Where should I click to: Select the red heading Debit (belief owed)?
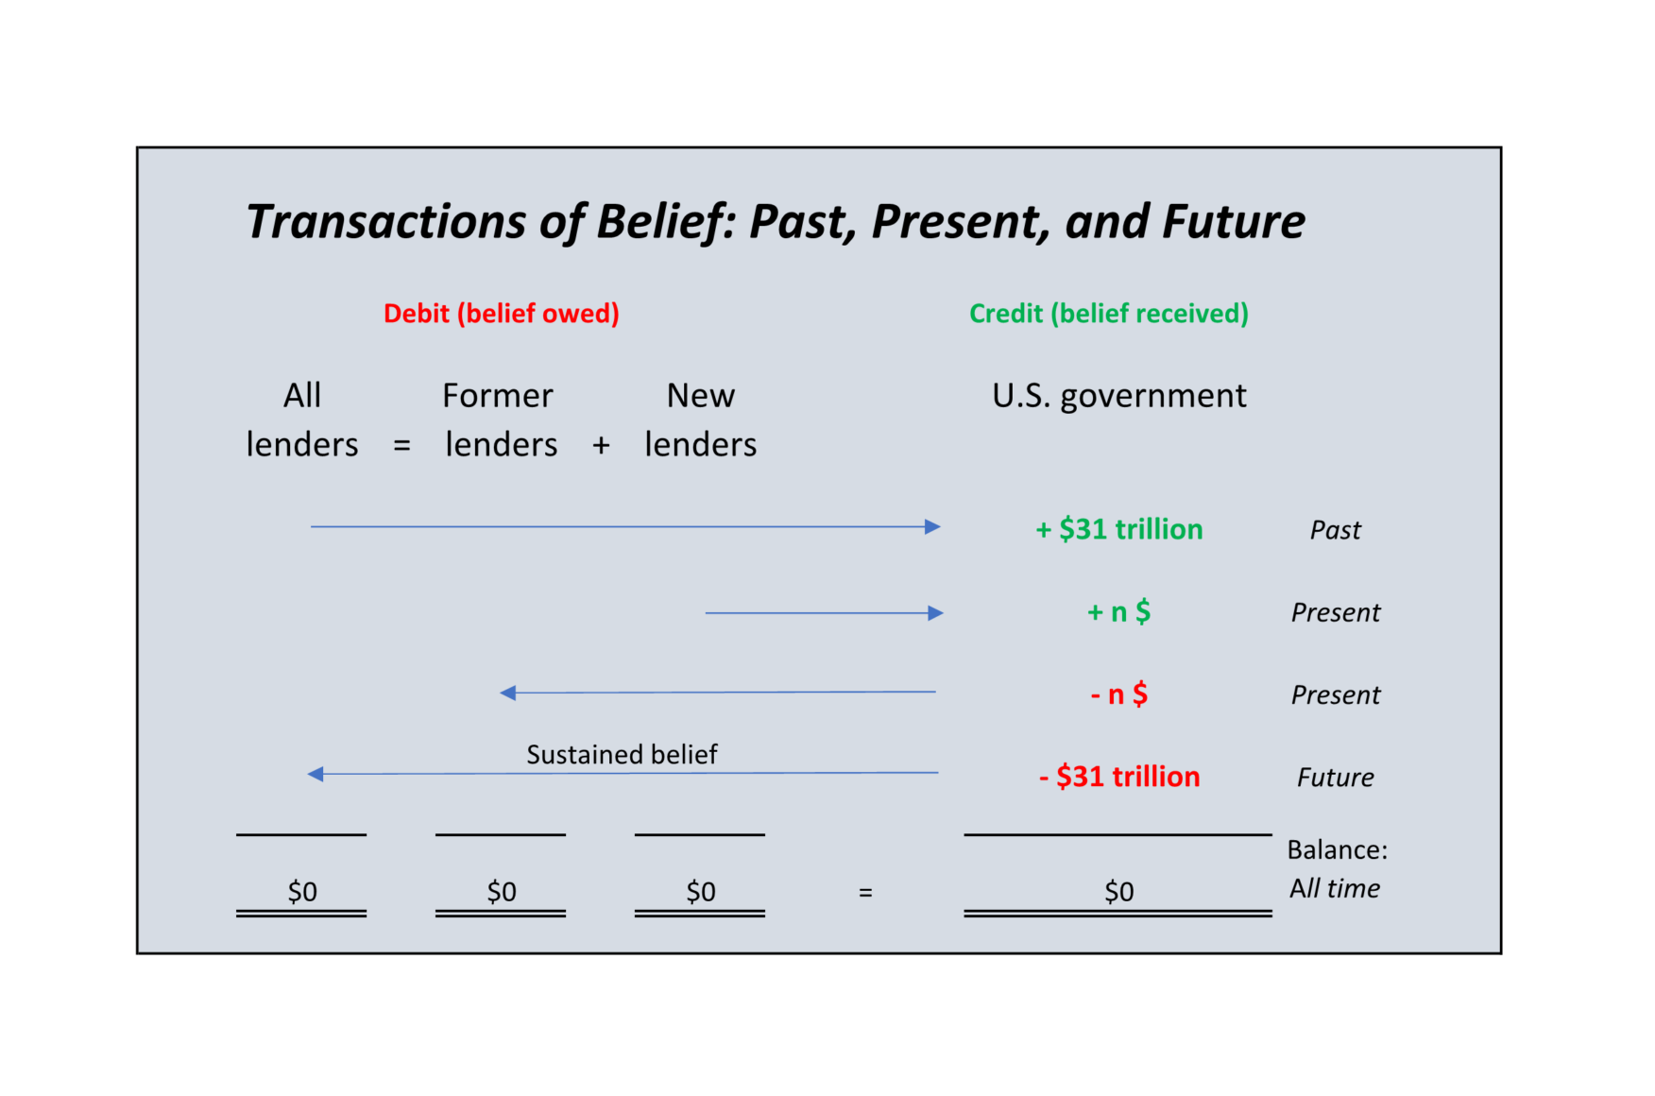click(x=501, y=314)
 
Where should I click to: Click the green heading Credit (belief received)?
click(x=1108, y=314)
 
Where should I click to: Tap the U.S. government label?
click(x=1118, y=396)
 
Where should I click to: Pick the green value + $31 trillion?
click(x=1118, y=529)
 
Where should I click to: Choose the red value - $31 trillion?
click(x=1118, y=777)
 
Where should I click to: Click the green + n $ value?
click(x=1118, y=612)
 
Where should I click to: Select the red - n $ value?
click(x=1118, y=694)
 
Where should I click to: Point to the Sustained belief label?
click(x=622, y=755)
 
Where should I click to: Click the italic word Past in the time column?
click(x=1335, y=530)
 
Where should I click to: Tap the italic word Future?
click(x=1335, y=778)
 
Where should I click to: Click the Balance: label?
click(x=1337, y=850)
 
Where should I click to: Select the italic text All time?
click(x=1334, y=889)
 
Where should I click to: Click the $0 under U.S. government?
click(x=1118, y=891)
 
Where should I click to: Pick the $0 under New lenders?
click(x=700, y=891)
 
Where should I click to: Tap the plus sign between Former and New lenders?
click(x=601, y=445)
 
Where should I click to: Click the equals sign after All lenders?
click(x=401, y=445)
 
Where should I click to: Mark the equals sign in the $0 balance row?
click(x=865, y=892)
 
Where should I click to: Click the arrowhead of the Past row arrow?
click(x=932, y=526)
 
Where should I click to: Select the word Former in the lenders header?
click(x=497, y=396)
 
